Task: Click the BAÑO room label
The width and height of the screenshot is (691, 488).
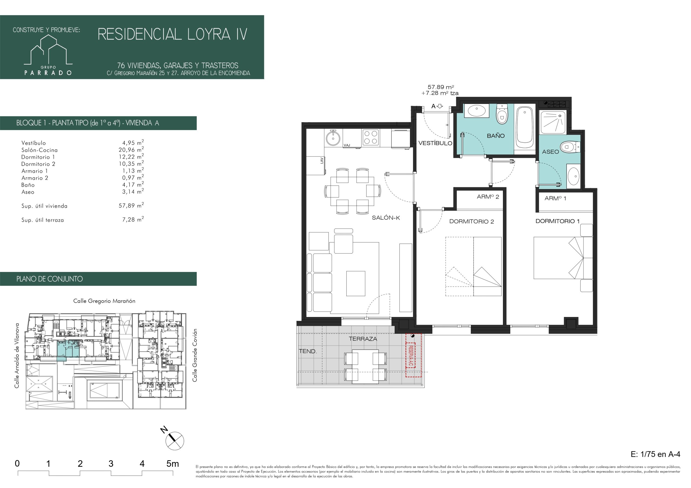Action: pyautogui.click(x=496, y=136)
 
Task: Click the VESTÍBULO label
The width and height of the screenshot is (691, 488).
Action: pyautogui.click(x=435, y=143)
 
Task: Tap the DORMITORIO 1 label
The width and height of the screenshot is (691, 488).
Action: pyautogui.click(x=557, y=221)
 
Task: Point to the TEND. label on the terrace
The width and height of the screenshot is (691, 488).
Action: pyautogui.click(x=308, y=351)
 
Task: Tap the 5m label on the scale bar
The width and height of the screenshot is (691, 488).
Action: pyautogui.click(x=172, y=464)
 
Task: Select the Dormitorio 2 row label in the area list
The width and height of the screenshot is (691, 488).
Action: pyautogui.click(x=38, y=164)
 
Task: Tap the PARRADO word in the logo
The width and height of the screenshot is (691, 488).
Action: pyautogui.click(x=48, y=73)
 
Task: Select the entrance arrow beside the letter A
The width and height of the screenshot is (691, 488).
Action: pyautogui.click(x=440, y=106)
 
